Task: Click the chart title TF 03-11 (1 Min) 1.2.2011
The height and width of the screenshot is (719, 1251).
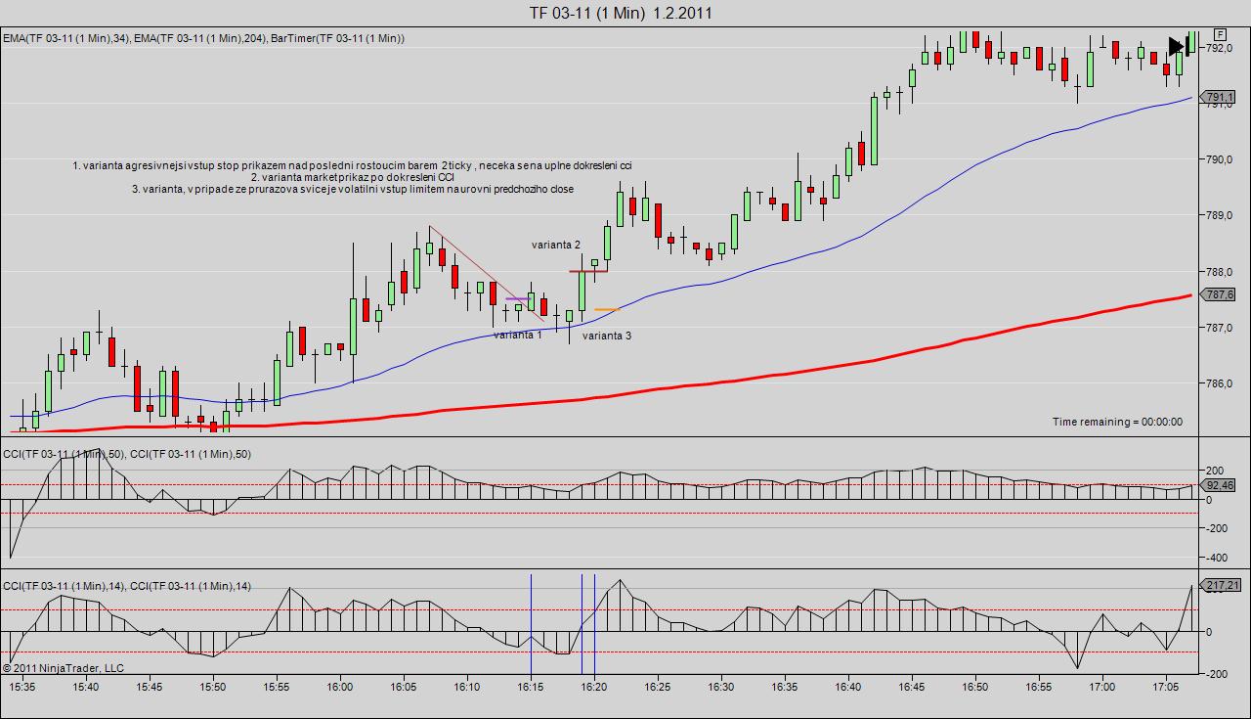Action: [x=621, y=13]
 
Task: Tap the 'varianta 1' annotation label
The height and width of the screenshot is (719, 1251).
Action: [x=517, y=335]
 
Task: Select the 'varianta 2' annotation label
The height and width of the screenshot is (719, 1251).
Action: [x=556, y=245]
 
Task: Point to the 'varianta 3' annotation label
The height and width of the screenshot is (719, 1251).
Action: [x=607, y=336]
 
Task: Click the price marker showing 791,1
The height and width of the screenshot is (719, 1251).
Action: [x=1219, y=97]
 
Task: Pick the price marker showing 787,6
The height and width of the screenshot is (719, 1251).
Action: [x=1219, y=294]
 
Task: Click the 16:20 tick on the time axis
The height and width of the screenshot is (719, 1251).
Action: [x=594, y=687]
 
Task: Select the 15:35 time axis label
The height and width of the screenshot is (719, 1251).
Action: [x=22, y=687]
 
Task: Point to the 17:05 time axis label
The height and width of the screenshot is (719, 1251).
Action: [x=1165, y=687]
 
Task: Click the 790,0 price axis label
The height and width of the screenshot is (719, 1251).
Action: [x=1220, y=159]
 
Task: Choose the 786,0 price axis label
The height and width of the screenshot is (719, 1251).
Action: [x=1220, y=383]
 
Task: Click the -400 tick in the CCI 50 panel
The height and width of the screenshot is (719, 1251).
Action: [x=1218, y=558]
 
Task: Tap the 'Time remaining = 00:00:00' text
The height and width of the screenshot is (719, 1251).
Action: [x=1117, y=422]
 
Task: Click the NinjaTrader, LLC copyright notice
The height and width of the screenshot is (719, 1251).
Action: [x=64, y=668]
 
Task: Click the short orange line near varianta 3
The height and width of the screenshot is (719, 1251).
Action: [x=607, y=310]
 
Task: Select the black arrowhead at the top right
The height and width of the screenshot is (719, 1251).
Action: [x=1176, y=46]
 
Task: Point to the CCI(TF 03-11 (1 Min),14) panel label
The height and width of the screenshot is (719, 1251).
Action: [x=127, y=586]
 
